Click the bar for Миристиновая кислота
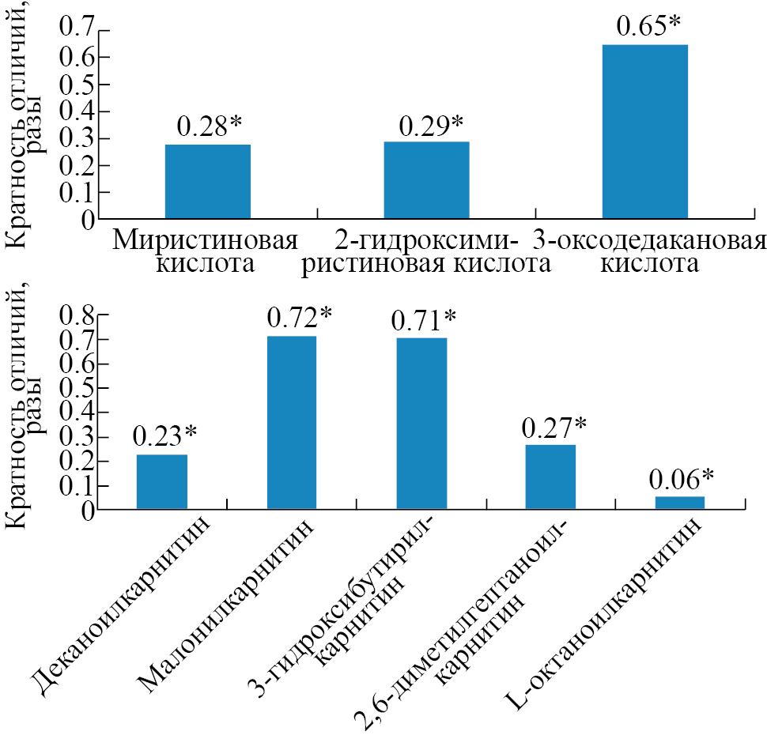[208, 181]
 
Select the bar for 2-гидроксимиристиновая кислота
[426, 179]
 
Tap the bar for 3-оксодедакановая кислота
[644, 131]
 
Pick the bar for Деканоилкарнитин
[162, 481]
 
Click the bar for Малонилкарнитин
[292, 422]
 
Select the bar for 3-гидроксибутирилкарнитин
[421, 423]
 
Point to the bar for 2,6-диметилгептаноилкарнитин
[550, 477]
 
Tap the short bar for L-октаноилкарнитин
[680, 503]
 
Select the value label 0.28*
[209, 126]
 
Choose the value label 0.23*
[164, 435]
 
